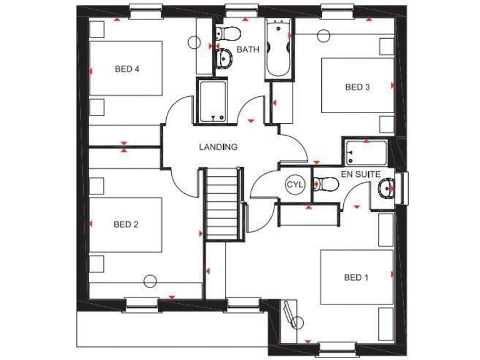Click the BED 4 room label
point(126,69)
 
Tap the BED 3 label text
point(357,87)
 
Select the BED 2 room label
point(126,224)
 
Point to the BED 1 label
point(356,277)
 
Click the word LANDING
point(218,147)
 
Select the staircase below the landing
point(223,203)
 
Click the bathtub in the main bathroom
point(277,49)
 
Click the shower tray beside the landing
point(214,101)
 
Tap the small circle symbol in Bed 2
point(150,281)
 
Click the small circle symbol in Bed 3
point(322,34)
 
